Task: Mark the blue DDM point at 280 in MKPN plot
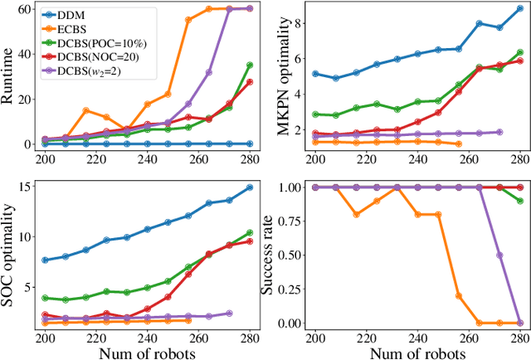(519, 8)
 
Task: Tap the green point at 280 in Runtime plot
(249, 65)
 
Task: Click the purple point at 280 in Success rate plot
(519, 323)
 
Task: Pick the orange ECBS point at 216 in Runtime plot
(85, 110)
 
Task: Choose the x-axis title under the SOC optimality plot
(147, 352)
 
